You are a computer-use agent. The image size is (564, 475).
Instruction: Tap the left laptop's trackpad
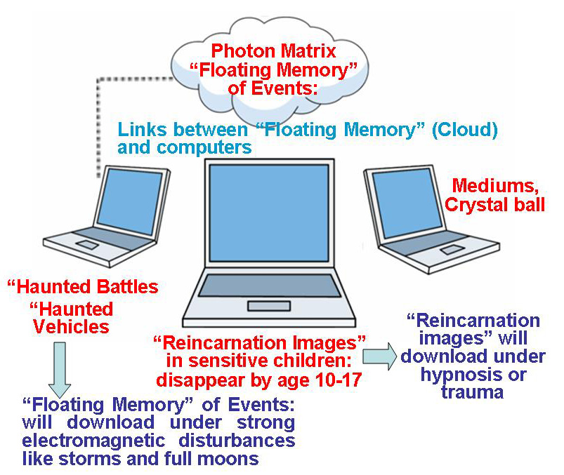[88, 244]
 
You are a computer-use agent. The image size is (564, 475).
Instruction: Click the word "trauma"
[472, 392]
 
